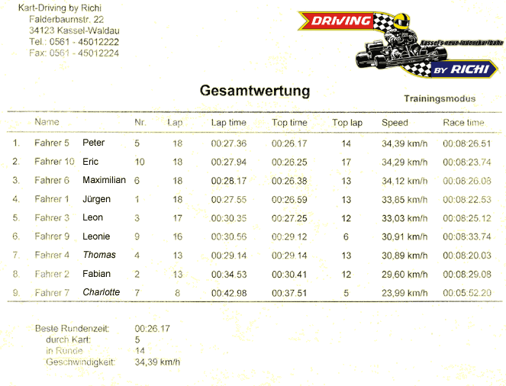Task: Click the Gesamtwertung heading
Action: click(255, 92)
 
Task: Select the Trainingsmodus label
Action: click(440, 98)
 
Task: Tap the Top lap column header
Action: click(347, 123)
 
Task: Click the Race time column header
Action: click(463, 123)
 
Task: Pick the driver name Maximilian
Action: click(104, 180)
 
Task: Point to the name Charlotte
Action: click(101, 292)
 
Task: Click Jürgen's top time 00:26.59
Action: click(289, 200)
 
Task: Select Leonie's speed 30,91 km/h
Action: click(404, 237)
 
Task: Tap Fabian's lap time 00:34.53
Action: click(229, 275)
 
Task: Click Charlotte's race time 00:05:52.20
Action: click(467, 293)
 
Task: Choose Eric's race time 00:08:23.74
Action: click(467, 162)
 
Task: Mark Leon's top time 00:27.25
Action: click(289, 218)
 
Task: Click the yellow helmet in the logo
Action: click(401, 21)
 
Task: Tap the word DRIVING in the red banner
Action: click(341, 21)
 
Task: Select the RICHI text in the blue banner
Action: click(469, 69)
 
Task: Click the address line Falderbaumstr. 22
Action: click(66, 19)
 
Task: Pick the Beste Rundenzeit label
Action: click(73, 329)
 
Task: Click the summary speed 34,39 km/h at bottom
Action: click(157, 362)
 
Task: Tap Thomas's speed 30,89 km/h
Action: click(404, 256)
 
